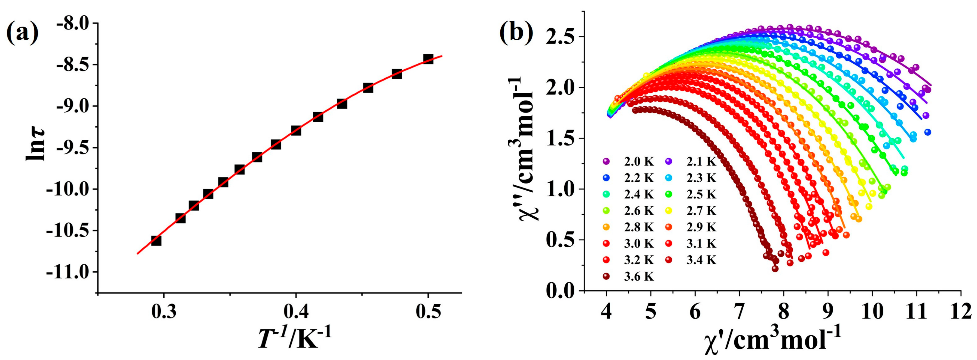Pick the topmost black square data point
pos(428,59)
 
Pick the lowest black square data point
pos(156,241)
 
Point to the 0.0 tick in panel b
pos(560,291)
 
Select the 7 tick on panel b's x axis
pos(739,313)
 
